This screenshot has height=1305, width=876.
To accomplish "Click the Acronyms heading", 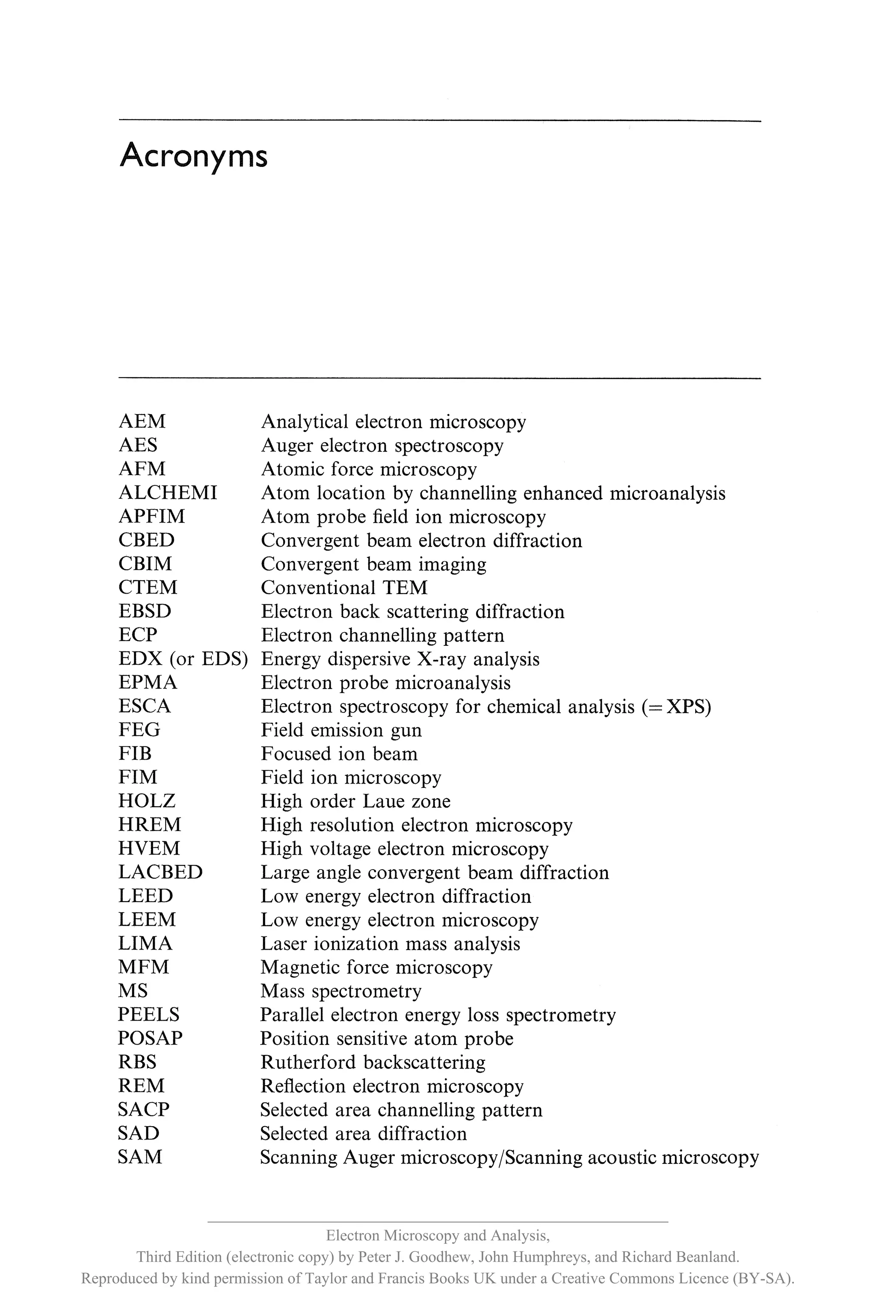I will tap(193, 156).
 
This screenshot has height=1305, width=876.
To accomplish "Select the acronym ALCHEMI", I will tap(168, 493).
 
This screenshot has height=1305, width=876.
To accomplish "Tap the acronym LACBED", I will tap(160, 872).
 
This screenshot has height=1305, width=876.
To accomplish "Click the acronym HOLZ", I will tap(147, 801).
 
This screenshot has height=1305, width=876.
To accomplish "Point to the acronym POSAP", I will tap(150, 1038).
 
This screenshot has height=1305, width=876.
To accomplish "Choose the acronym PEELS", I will tap(148, 1015).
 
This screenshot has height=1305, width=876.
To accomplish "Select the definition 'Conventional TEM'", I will tap(344, 588).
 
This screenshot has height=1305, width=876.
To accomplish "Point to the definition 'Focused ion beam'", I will tap(339, 754).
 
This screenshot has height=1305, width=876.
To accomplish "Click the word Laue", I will tap(383, 801).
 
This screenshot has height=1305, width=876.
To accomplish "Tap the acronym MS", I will tap(133, 991).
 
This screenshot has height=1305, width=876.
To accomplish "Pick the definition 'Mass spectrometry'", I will tap(341, 991).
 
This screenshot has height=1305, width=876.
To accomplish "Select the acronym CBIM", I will tap(145, 564).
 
